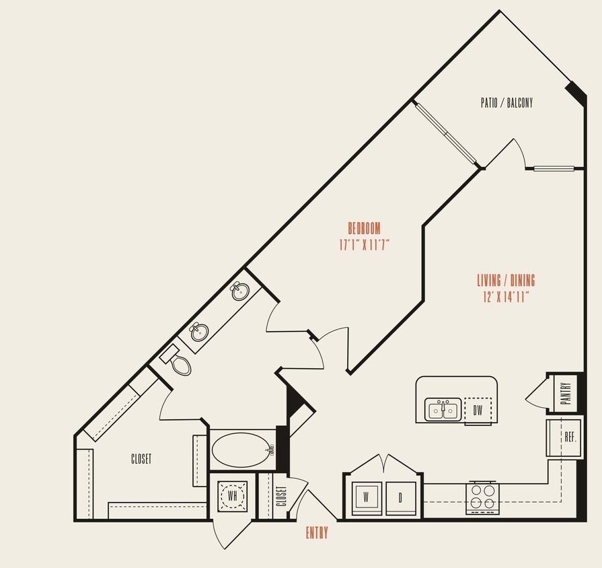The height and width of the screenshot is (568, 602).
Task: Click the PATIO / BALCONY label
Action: pyautogui.click(x=506, y=103)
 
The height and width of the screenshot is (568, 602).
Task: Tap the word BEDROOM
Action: pyautogui.click(x=364, y=228)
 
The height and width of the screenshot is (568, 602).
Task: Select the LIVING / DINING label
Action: pyautogui.click(x=506, y=281)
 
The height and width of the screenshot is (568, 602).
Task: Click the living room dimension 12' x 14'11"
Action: pyautogui.click(x=506, y=297)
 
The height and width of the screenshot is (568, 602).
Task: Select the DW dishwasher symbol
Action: pyautogui.click(x=478, y=409)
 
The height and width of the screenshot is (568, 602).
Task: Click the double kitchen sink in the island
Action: pyautogui.click(x=443, y=409)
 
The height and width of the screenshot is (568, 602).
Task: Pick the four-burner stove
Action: pyautogui.click(x=482, y=497)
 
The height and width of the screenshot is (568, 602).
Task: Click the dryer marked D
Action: pyautogui.click(x=400, y=499)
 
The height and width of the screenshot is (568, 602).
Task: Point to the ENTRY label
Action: pyautogui.click(x=317, y=533)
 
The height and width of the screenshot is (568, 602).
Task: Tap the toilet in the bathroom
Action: pyautogui.click(x=179, y=363)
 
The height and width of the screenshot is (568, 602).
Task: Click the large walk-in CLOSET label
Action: pyautogui.click(x=141, y=459)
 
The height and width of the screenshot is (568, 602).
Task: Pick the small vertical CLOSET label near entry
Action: pyautogui.click(x=281, y=497)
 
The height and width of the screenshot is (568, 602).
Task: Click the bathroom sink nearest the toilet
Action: pyautogui.click(x=199, y=332)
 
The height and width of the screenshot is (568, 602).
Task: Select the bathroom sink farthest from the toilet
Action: pyautogui.click(x=239, y=291)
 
